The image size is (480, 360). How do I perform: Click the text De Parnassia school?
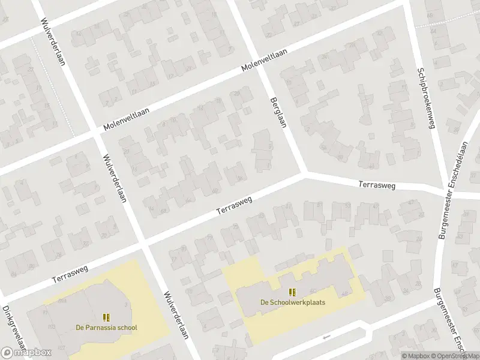106,328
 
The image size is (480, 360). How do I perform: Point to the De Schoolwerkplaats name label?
292,302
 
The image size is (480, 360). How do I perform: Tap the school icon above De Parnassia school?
106,317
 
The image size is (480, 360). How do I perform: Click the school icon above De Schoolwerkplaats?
292,292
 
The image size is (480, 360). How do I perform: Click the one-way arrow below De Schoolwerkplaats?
326,337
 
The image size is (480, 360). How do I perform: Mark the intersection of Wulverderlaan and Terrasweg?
142,243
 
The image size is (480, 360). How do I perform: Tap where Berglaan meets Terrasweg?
304,174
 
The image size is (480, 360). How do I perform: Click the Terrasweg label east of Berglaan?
377,185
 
